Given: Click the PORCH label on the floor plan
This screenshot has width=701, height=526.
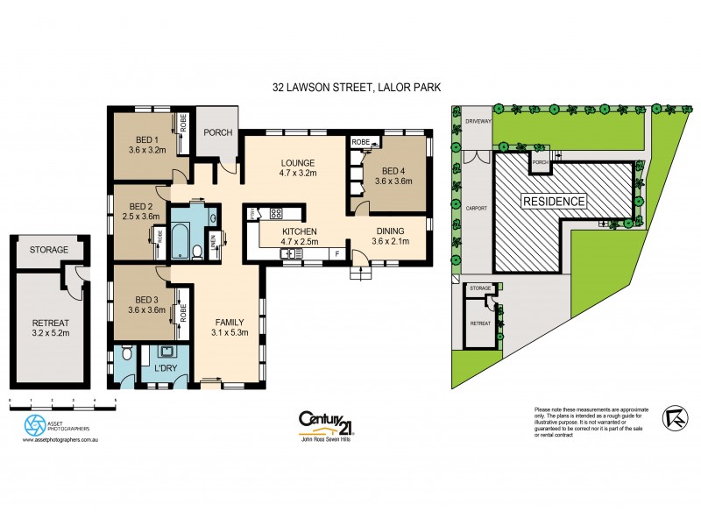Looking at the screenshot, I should (216, 133).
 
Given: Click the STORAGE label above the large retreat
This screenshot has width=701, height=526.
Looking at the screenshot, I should (49, 250).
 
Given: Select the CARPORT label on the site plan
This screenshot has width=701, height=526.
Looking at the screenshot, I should (476, 210).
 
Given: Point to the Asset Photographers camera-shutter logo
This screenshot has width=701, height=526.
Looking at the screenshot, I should (36, 426).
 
